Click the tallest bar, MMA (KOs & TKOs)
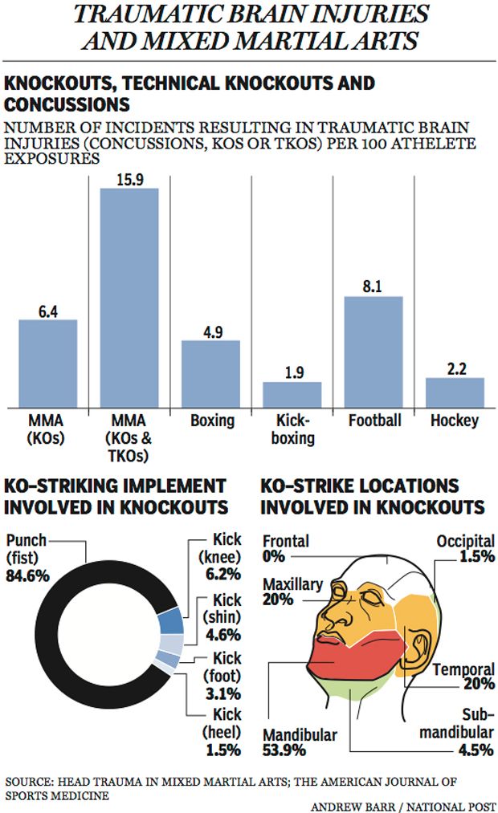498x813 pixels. tap(129, 297)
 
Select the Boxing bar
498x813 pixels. tap(210, 373)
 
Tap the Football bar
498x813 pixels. tap(373, 352)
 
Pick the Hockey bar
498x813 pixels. tap(455, 392)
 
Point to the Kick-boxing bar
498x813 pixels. tap(292, 394)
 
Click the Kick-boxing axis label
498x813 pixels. tap(292, 429)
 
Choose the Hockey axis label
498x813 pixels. tap(455, 421)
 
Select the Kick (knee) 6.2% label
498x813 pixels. tap(218, 555)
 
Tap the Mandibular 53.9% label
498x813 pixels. tap(300, 743)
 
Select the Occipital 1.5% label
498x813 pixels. tap(465, 550)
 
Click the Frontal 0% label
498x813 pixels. tap(285, 549)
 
